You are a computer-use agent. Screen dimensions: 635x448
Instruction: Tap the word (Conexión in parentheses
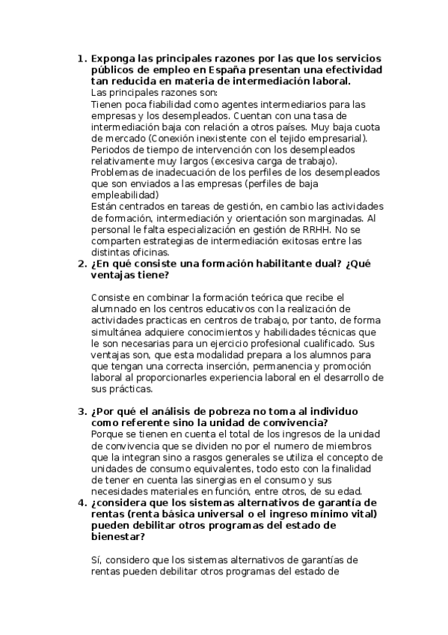coord(172,139)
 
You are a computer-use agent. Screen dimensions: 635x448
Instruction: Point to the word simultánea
coord(120,332)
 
